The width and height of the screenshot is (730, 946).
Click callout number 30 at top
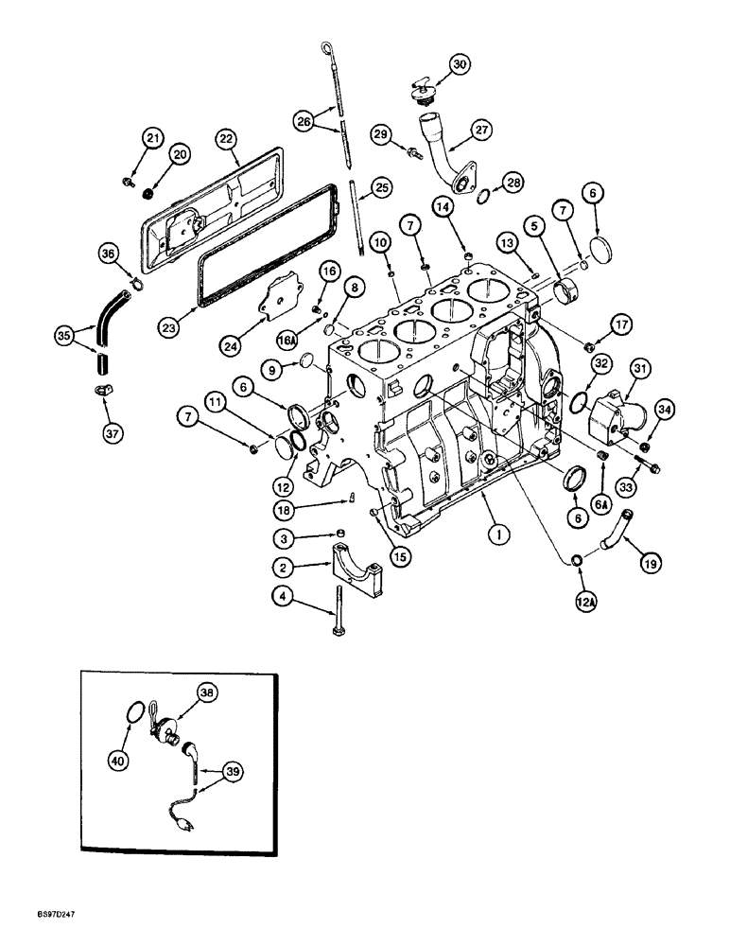click(460, 64)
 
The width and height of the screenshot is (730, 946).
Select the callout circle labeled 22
click(224, 138)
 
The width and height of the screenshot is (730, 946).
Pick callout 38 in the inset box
click(205, 692)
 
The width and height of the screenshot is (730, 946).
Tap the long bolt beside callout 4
click(337, 620)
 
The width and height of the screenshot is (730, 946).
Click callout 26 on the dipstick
click(304, 122)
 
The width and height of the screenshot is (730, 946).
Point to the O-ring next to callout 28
click(484, 197)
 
